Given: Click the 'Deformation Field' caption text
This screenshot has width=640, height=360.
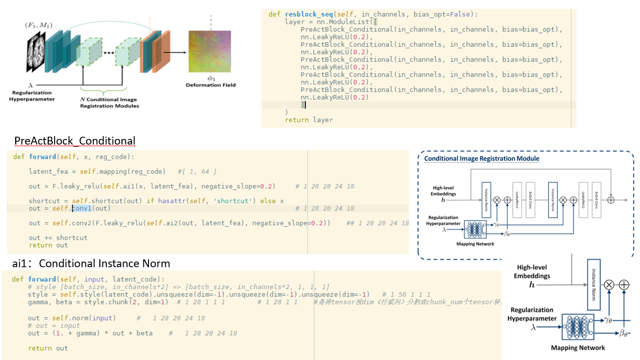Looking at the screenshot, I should pos(211,85).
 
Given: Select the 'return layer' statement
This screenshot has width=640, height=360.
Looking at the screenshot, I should pos(309,120).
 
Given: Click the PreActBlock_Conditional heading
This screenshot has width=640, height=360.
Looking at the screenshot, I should pos(75,141).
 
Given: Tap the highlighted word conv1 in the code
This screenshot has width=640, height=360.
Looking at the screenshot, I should pos(82,208).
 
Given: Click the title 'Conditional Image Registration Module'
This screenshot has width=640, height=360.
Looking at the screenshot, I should pos(481,159).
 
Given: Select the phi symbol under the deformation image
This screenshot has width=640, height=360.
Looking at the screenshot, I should pos(211,78).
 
